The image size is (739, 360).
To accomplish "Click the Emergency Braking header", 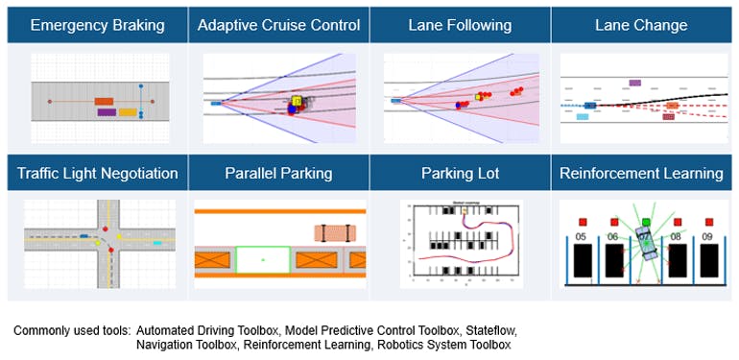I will click(x=97, y=24).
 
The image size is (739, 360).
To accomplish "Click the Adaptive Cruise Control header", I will click(x=278, y=24).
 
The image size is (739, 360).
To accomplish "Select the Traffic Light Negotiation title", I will click(x=97, y=174).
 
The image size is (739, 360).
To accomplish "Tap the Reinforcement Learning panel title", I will click(x=641, y=174).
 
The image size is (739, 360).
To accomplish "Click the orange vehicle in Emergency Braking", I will click(x=105, y=100).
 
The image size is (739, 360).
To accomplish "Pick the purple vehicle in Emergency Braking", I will click(x=107, y=112).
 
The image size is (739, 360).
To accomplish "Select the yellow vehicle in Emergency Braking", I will click(x=127, y=112).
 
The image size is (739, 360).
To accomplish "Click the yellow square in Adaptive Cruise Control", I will click(x=297, y=100).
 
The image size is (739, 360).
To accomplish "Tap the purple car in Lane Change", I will click(x=633, y=84).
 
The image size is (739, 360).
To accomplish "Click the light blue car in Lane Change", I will click(x=583, y=116).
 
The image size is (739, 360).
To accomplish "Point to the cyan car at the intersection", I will click(x=157, y=244).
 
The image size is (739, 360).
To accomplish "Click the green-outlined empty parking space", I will click(x=262, y=260).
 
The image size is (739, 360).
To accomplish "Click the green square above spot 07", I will click(x=646, y=223).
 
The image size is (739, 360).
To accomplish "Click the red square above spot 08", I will click(x=677, y=223).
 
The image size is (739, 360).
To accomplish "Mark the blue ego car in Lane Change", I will click(x=589, y=106).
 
